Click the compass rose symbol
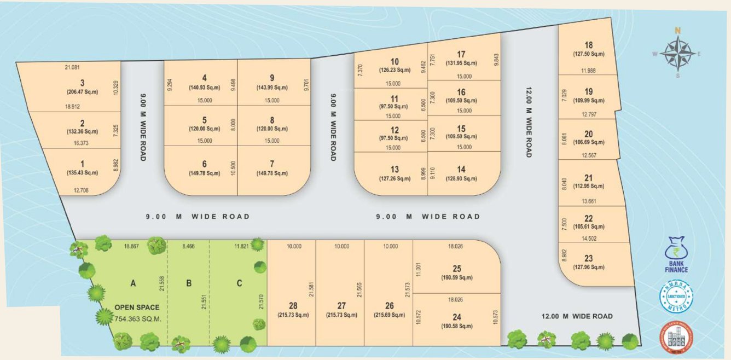tap(677, 54)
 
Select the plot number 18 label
tap(588, 45)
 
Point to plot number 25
tap(457, 269)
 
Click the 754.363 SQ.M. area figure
tap(137, 318)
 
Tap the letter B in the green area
tap(189, 283)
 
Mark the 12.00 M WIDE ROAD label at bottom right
tap(577, 316)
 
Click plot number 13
tap(394, 169)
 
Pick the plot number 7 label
tap(272, 164)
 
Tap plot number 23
tap(588, 258)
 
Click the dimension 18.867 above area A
tap(131, 247)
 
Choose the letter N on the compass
tap(677, 31)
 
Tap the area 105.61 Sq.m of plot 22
tap(588, 227)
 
